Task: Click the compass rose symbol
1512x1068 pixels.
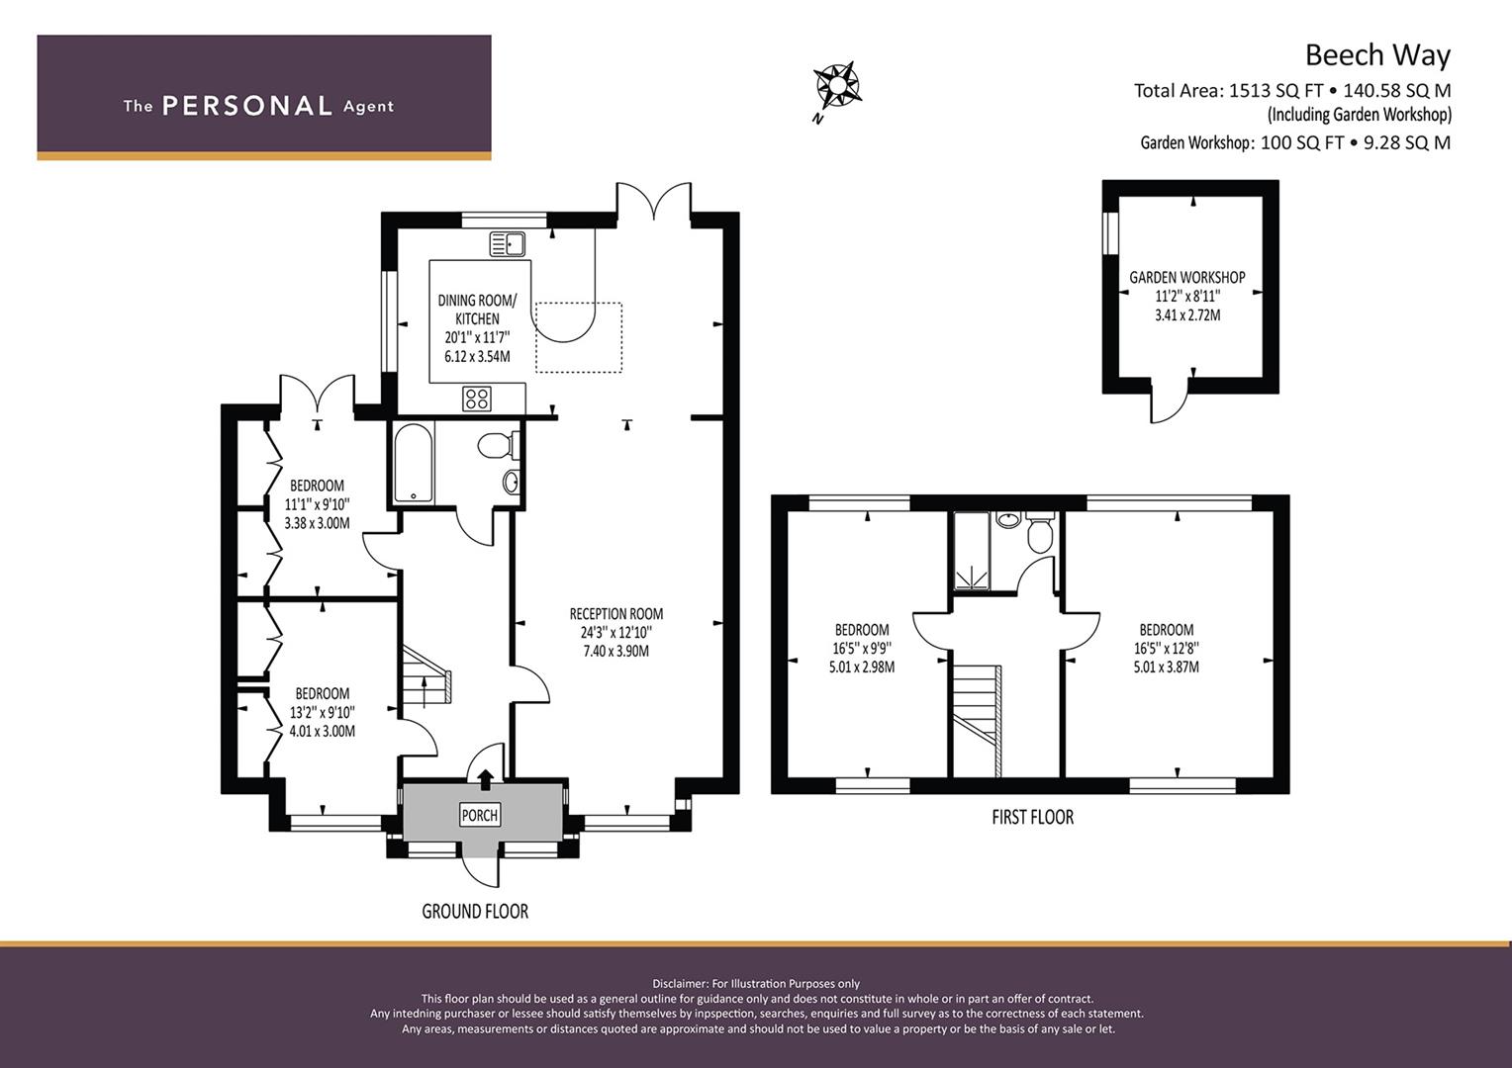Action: [837, 86]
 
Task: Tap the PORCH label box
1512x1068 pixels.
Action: [479, 815]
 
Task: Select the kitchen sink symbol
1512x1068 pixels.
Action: [508, 244]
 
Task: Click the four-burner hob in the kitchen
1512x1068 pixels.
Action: [477, 399]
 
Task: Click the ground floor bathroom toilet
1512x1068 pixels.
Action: [498, 445]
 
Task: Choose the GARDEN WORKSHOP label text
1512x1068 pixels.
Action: [1187, 277]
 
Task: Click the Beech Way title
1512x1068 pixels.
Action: [1377, 55]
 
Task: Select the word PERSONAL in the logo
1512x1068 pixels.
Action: [247, 106]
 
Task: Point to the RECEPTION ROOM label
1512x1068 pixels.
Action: [616, 614]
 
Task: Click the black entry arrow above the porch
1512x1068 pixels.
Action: [485, 779]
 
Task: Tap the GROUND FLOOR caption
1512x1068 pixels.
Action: [475, 912]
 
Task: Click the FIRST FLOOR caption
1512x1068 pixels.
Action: [1033, 817]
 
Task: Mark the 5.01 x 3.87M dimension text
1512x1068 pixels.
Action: [1167, 667]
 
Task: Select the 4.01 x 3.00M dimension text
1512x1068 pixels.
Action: [322, 732]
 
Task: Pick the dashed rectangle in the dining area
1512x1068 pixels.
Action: [579, 337]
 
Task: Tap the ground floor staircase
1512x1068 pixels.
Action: [426, 676]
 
